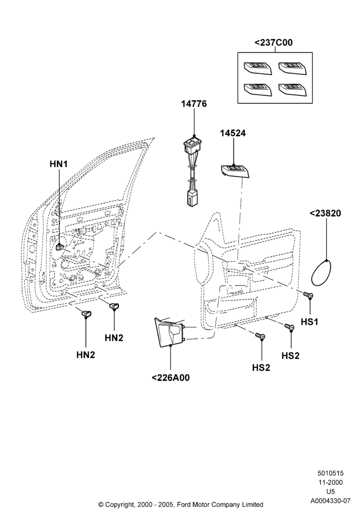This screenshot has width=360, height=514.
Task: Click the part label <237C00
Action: tap(274, 43)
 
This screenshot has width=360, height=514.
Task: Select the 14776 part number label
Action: tap(194, 104)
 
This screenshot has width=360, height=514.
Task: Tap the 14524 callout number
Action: tap(233, 134)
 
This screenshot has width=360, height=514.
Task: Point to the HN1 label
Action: tap(59, 164)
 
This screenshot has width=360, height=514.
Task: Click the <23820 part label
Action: tap(325, 213)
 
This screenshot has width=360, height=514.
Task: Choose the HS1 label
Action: tap(310, 322)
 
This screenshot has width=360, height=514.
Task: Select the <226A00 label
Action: tap(171, 378)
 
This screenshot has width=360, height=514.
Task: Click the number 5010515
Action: tap(331, 473)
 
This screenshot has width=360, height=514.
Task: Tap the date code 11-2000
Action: tap(331, 482)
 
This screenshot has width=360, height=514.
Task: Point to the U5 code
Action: tap(331, 491)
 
